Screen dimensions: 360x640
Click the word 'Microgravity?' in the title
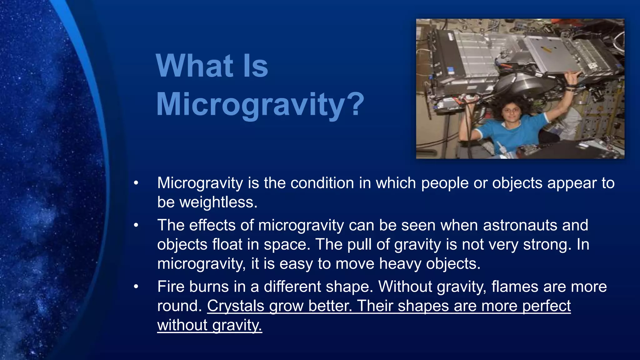point(260,104)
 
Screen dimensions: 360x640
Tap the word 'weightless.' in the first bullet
point(207,202)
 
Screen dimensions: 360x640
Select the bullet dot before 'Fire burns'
point(136,287)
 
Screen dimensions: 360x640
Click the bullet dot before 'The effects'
point(136,225)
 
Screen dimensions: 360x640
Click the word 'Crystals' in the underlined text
point(236,306)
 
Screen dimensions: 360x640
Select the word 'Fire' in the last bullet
point(171,287)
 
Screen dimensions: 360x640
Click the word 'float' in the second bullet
point(227,244)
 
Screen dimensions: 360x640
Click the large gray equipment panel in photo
point(487,50)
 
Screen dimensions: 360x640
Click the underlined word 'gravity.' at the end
point(237,325)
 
